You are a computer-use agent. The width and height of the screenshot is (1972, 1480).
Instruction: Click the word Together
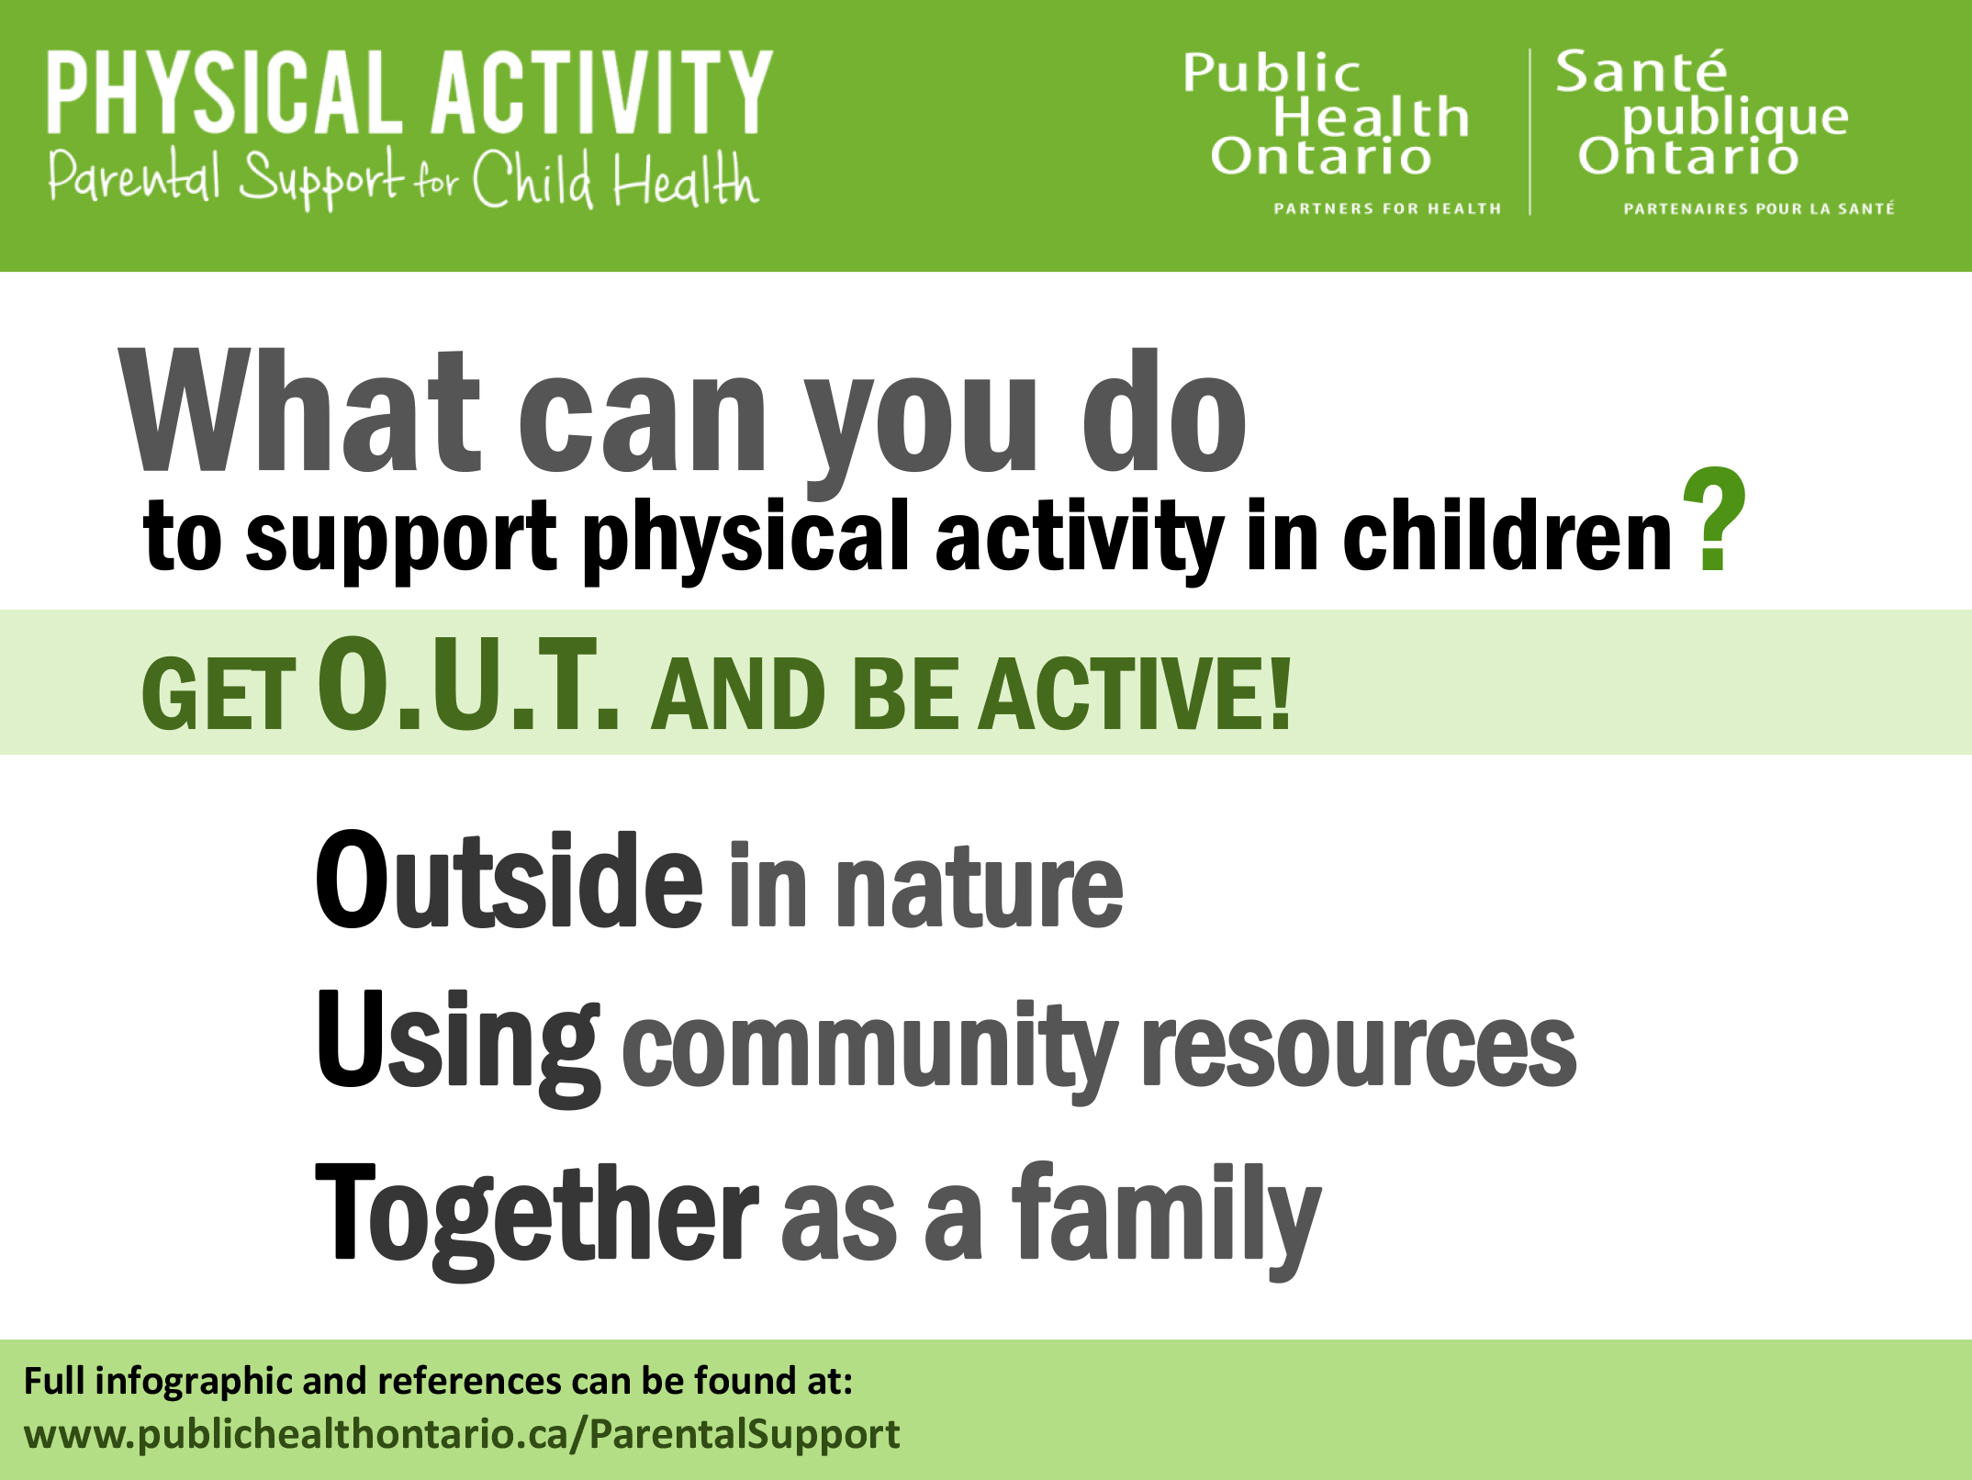(x=537, y=1214)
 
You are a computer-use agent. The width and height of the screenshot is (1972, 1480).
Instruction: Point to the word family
(x=1166, y=1214)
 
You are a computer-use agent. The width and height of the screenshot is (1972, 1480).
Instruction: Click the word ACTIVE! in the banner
(x=1135, y=695)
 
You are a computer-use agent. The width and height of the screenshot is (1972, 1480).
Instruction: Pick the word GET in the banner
(x=218, y=698)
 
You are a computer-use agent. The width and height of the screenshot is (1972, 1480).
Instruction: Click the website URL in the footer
(x=462, y=1434)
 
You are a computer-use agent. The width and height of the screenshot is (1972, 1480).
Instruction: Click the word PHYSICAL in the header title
(x=225, y=92)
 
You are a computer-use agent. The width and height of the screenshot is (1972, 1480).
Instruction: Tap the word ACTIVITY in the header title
(x=601, y=92)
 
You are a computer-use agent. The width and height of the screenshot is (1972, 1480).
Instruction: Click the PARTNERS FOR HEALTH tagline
(x=1386, y=208)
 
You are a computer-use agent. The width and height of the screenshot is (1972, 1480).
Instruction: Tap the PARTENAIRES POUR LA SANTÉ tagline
(x=1758, y=208)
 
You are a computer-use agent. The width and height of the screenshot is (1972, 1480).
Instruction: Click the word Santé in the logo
(x=1641, y=72)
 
